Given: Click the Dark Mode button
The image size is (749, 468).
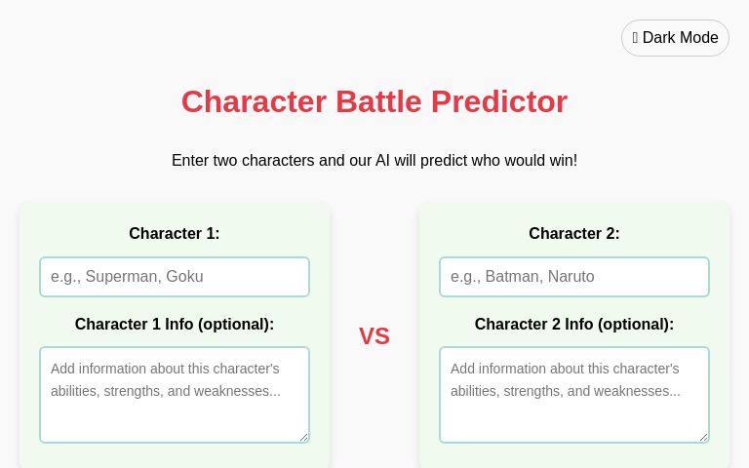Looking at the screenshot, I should coord(675,38).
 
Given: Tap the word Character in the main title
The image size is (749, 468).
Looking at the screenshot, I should coord(254,101).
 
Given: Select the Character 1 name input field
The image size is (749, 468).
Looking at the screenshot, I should coord(175,277).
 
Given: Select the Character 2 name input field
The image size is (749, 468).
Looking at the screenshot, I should coord(574,277).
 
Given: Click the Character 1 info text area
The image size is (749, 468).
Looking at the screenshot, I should coord(175,395).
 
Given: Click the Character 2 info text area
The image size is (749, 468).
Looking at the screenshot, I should coord(574,395).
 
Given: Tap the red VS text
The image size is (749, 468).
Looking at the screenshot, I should coord(374,336).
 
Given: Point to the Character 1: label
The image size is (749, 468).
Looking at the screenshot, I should coord(175,234).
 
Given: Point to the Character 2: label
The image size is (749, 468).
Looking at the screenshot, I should coord(574,234).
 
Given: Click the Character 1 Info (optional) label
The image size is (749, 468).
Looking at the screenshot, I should coord(175,325).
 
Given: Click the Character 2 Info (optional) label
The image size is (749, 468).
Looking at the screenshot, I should coord(574,325).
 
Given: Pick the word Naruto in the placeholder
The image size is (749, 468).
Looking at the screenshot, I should coord(571,277).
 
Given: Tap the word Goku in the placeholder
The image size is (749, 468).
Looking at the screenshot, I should coord(184,277).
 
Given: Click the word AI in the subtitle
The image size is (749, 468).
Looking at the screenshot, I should coord(383,161).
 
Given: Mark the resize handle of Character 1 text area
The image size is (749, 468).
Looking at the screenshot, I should coord(304,438).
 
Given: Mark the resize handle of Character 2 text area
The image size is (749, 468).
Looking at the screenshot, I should coord(704,438).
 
